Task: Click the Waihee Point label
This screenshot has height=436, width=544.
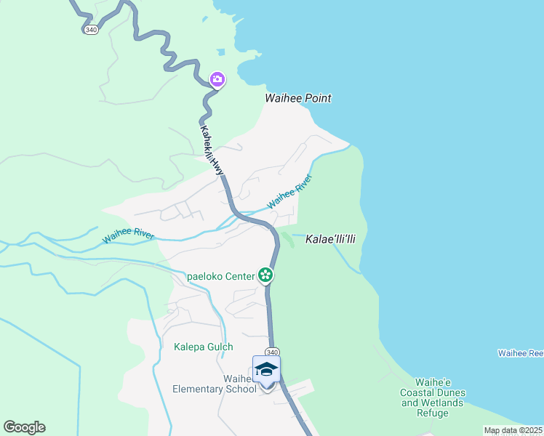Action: click(298, 98)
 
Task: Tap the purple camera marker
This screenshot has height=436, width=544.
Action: click(217, 79)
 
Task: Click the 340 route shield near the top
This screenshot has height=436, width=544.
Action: click(91, 30)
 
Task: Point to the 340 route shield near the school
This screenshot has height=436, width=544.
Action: click(272, 352)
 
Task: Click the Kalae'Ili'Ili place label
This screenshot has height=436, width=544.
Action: click(335, 238)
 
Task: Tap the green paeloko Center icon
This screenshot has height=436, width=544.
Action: click(265, 275)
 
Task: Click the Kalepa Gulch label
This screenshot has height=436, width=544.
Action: click(204, 347)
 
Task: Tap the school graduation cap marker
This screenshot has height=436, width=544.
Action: click(266, 369)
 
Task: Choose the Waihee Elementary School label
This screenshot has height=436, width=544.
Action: click(215, 384)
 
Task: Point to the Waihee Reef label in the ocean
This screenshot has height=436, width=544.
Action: click(520, 353)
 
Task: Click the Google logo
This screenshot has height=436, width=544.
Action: click(24, 427)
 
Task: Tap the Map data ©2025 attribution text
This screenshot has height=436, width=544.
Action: click(513, 430)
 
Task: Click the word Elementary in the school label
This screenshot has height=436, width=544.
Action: click(202, 389)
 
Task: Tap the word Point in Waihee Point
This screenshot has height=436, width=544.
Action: click(318, 98)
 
